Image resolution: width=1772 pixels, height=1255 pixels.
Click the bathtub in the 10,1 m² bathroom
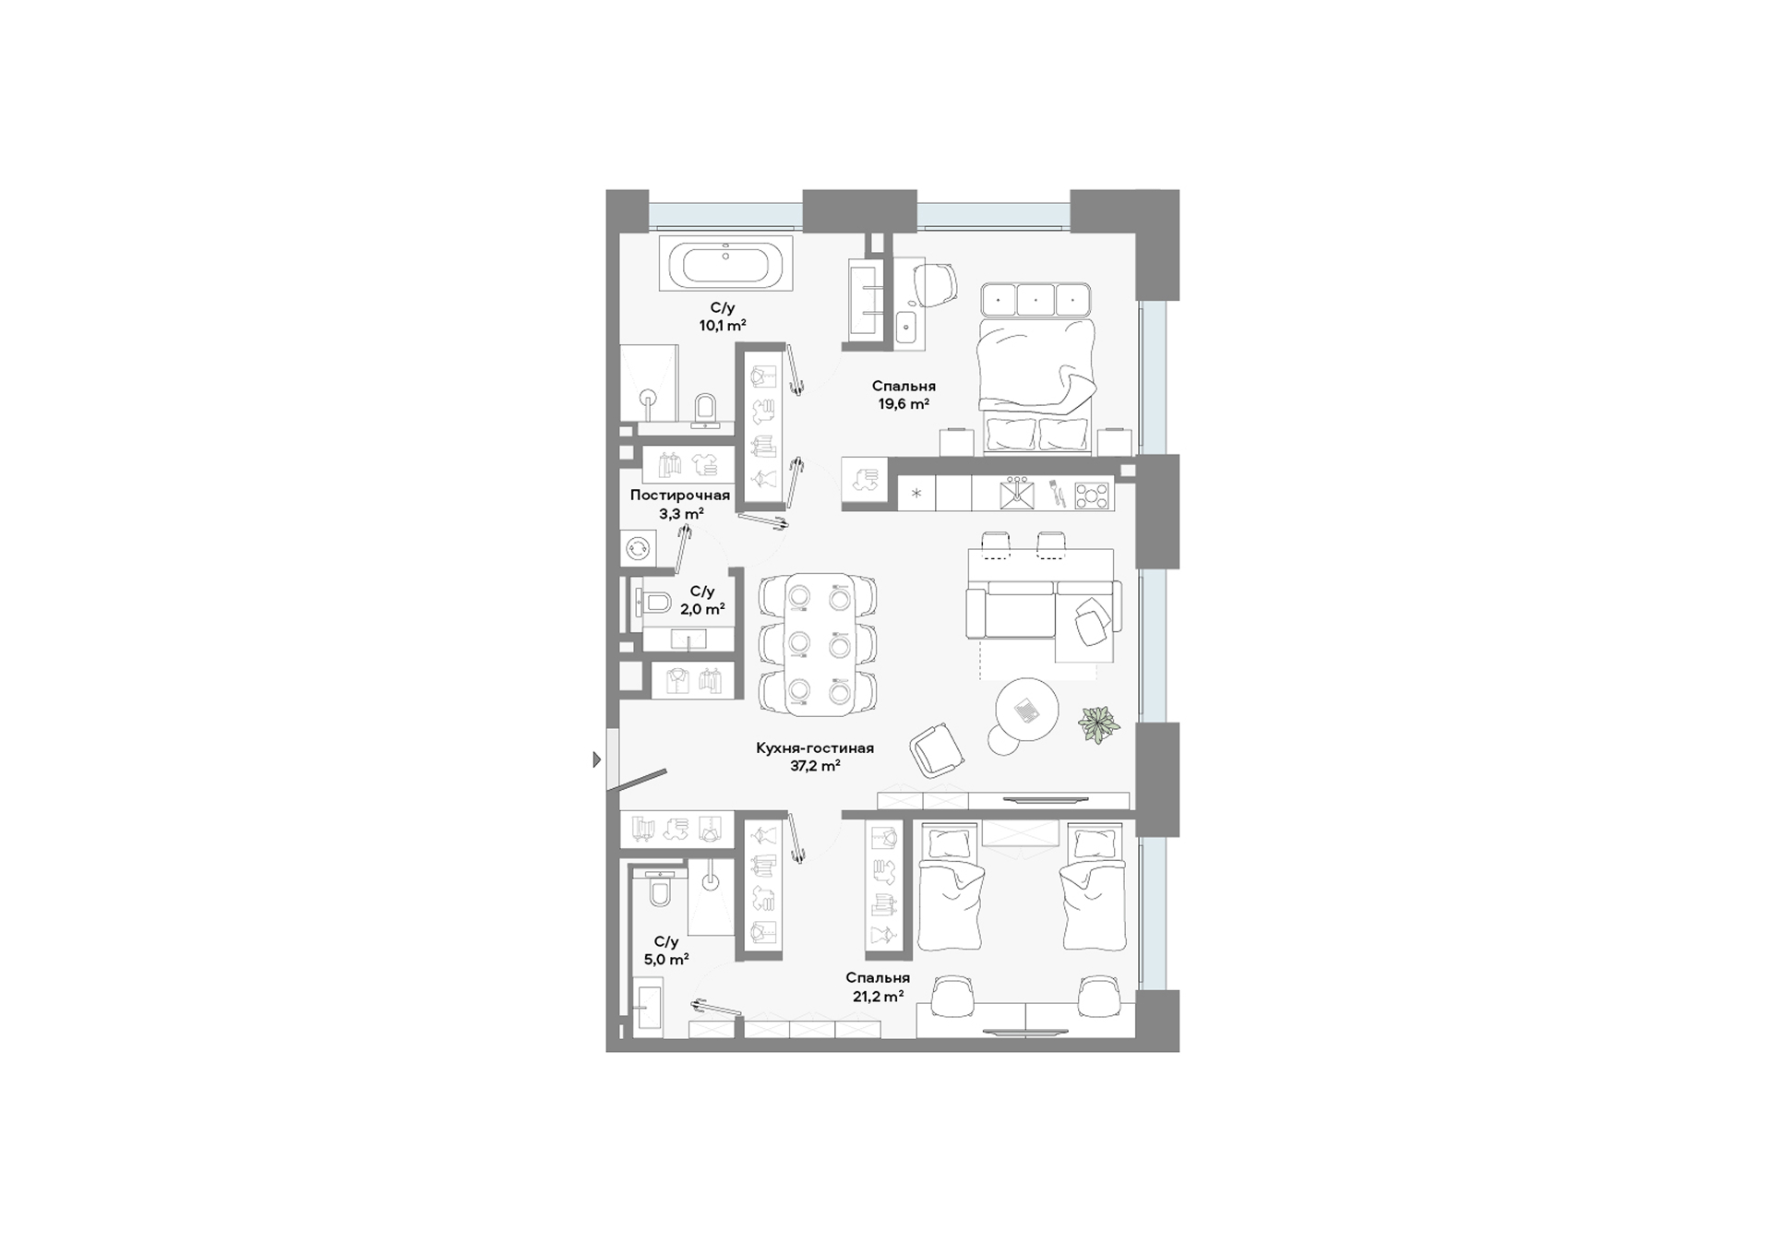coord(724,265)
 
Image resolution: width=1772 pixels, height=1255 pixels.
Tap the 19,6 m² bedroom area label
coord(903,404)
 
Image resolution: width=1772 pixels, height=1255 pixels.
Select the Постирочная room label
coord(680,496)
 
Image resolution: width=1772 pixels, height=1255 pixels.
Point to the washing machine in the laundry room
coord(637,548)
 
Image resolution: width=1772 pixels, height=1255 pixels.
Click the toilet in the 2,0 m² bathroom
coord(655,604)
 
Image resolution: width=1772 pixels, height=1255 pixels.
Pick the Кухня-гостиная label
coord(814,748)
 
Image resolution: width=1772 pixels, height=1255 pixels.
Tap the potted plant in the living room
coord(1099,724)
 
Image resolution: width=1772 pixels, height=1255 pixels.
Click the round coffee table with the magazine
coord(1026,709)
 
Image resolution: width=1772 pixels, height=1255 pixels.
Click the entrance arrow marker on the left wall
coord(596,760)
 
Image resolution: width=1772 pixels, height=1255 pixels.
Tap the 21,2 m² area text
coord(878,997)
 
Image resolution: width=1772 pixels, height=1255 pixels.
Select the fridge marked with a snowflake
coord(916,494)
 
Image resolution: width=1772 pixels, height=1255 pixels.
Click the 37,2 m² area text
coord(815,766)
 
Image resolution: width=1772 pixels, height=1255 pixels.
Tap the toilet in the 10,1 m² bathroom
coord(705,410)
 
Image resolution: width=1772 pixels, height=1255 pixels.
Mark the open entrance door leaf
coord(642,780)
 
